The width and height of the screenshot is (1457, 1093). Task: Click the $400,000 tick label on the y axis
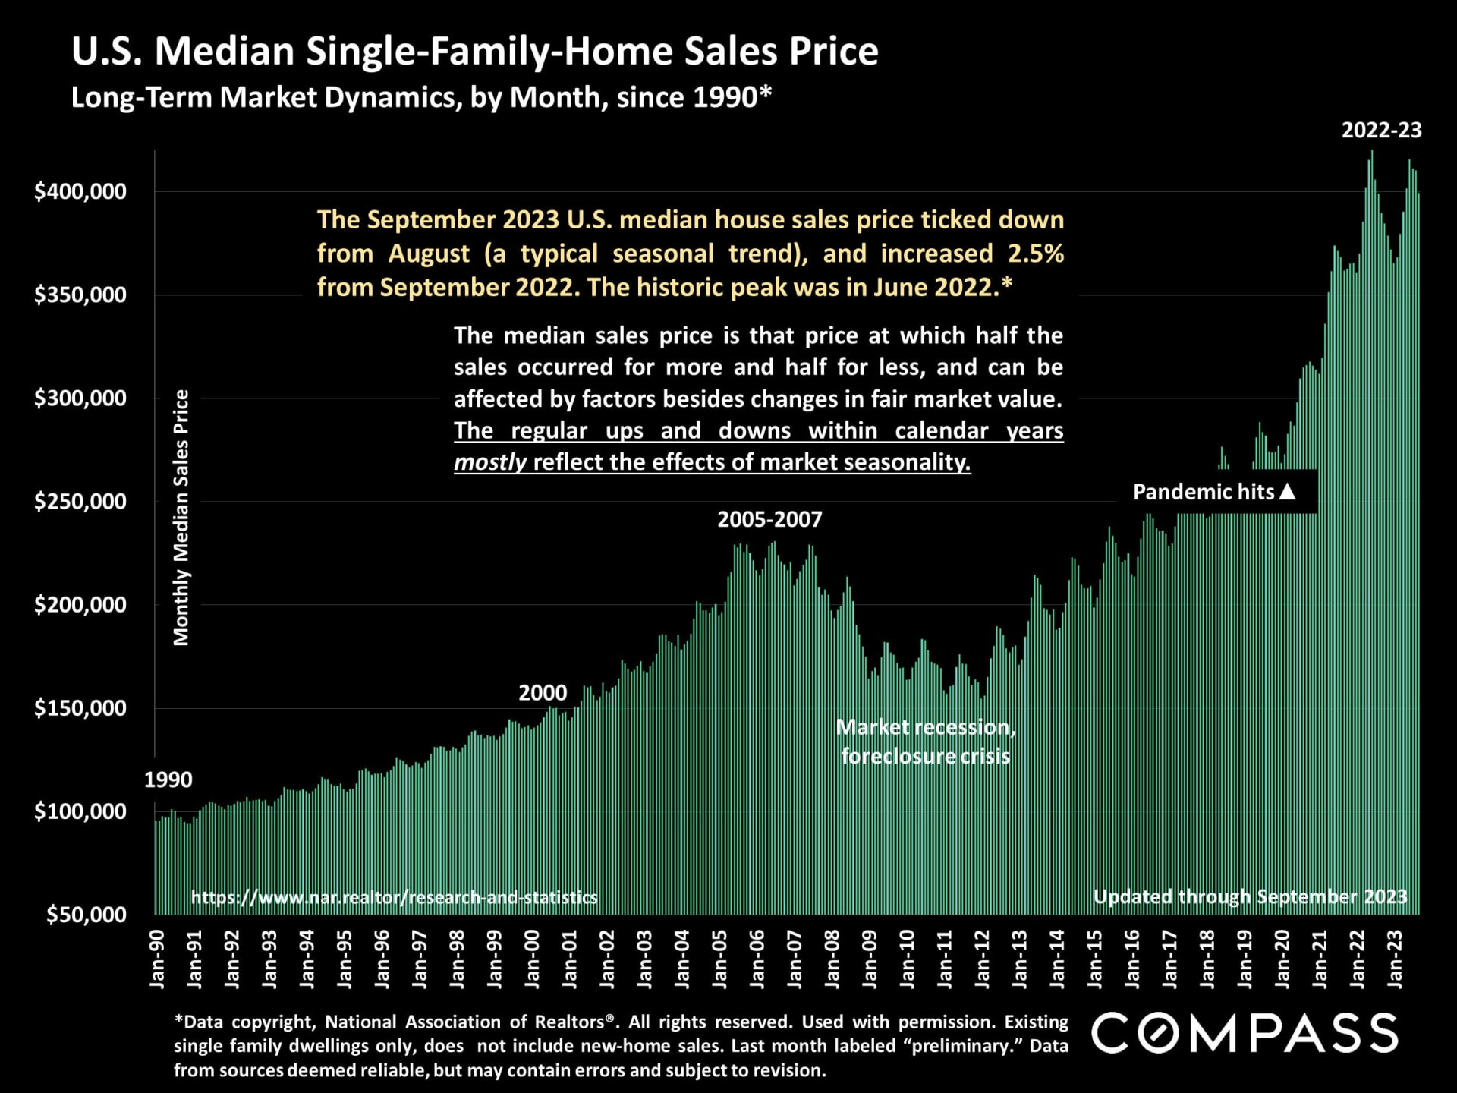[x=80, y=191]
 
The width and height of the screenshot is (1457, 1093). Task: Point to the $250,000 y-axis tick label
[x=80, y=502]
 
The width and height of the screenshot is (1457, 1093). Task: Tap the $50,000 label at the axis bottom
[x=86, y=915]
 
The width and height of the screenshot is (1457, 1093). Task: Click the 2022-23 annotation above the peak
[x=1381, y=131]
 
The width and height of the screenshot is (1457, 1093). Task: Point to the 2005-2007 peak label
[x=769, y=520]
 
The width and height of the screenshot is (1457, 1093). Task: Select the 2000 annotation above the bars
[x=543, y=693]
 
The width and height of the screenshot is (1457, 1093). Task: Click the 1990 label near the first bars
[x=168, y=780]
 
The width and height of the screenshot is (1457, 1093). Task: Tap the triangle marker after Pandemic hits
[x=1287, y=492]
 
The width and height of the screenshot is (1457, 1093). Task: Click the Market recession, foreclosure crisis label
[x=926, y=742]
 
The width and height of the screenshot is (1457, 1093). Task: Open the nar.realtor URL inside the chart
[x=394, y=898]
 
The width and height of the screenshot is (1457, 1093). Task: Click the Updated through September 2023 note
[x=1250, y=897]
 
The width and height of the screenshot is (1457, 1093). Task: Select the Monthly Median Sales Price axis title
[x=181, y=518]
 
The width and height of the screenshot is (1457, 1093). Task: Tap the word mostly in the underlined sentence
[x=490, y=462]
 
